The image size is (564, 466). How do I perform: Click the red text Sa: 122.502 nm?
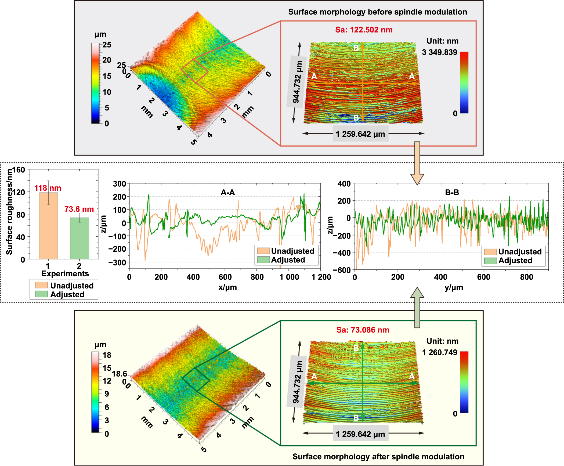(x=364, y=30)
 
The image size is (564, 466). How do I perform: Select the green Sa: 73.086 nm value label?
(x=363, y=330)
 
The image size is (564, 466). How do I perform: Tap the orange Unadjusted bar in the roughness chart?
(x=48, y=226)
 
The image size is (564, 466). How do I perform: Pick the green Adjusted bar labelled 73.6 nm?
(x=79, y=238)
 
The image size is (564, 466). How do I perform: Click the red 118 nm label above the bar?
(x=48, y=188)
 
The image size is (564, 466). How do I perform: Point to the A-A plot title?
(x=228, y=192)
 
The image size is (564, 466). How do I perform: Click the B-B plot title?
(x=452, y=192)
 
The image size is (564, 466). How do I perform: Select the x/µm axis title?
(x=227, y=287)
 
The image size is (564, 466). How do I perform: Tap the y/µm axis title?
(x=454, y=287)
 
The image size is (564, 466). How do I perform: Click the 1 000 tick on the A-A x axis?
(x=289, y=277)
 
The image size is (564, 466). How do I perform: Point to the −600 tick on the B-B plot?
(x=342, y=270)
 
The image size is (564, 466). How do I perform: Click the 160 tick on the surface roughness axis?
(x=19, y=170)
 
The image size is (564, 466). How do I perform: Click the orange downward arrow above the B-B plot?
(x=417, y=164)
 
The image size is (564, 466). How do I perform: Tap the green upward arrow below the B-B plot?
(x=417, y=308)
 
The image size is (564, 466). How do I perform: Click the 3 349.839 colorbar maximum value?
(x=439, y=52)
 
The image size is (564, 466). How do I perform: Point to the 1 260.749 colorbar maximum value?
(x=439, y=352)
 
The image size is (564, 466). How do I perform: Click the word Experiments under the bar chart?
(x=65, y=273)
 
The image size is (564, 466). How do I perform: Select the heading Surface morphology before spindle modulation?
(x=377, y=12)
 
